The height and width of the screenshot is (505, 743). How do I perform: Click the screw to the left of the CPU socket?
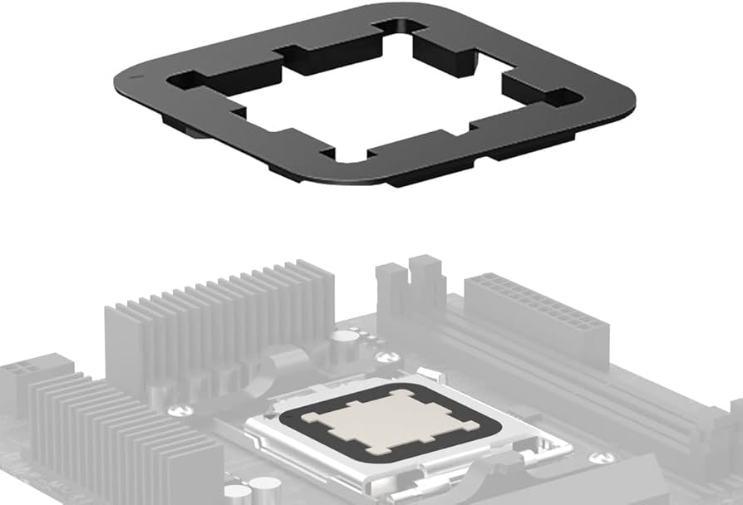pos(176,410)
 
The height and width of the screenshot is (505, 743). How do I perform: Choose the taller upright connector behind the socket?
pos(427,287)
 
